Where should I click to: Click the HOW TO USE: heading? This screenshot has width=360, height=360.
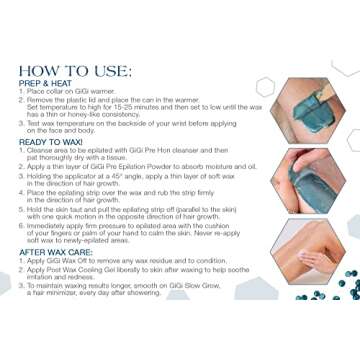pyautogui.click(x=74, y=71)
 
